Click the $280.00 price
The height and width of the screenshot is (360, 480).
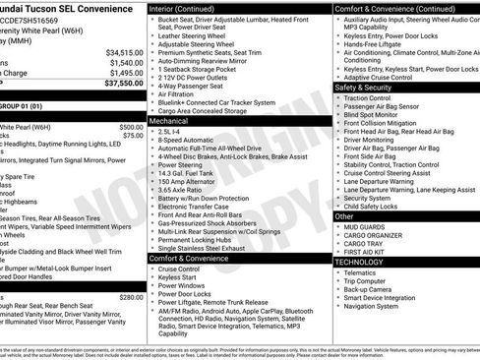(x=131, y=297)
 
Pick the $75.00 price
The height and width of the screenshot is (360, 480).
(x=134, y=137)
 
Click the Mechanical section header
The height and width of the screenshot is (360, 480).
(x=170, y=118)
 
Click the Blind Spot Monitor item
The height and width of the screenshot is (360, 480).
(x=379, y=115)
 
